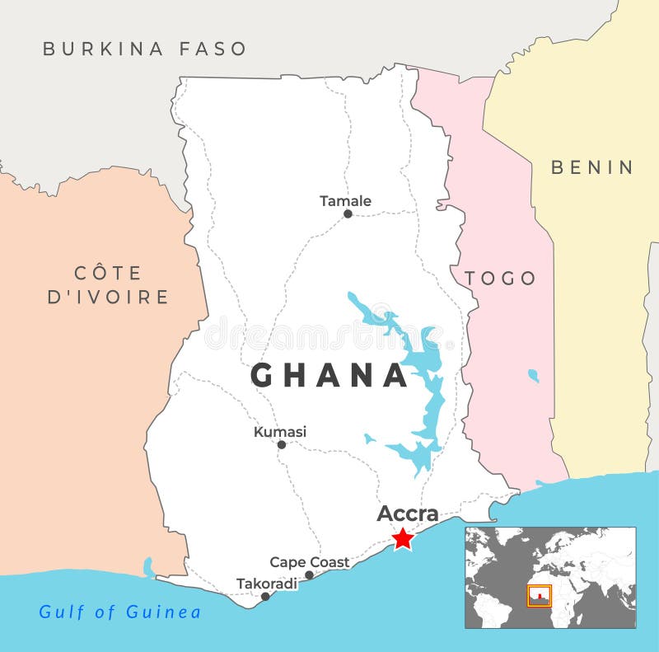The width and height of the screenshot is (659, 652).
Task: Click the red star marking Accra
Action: tap(403, 538)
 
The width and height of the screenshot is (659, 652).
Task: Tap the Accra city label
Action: tap(408, 513)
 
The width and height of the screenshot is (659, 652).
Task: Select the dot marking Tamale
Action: tap(348, 213)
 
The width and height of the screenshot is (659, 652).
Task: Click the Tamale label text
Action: tap(345, 200)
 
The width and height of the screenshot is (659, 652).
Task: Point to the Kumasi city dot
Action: tap(281, 444)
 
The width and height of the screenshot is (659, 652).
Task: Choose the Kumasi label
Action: tap(280, 431)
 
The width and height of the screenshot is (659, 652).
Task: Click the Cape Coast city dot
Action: tap(309, 575)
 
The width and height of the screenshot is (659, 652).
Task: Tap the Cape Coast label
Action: tap(310, 562)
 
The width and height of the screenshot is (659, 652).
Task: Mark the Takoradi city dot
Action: tap(265, 596)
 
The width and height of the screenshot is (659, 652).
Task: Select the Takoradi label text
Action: tap(267, 584)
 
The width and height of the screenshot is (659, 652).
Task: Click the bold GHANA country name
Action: tap(329, 376)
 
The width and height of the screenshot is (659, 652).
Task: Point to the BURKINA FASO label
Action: tap(145, 49)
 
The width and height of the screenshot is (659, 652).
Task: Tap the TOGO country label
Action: tap(500, 278)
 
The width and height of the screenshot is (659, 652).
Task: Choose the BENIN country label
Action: tap(592, 167)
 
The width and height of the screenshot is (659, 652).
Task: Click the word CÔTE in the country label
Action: tap(108, 273)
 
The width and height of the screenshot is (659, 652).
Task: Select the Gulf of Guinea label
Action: tap(120, 612)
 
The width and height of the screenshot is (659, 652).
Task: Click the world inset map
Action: tap(550, 578)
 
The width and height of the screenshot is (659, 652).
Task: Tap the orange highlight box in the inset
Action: tap(540, 595)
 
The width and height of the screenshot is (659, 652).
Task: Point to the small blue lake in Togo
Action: tap(533, 376)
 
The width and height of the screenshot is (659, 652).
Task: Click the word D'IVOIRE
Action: tap(108, 298)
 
